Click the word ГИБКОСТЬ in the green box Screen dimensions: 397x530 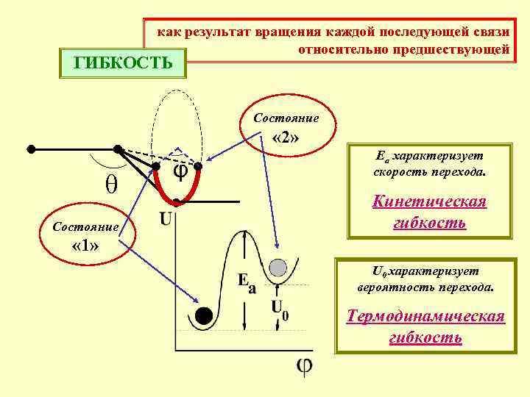[x=124, y=62]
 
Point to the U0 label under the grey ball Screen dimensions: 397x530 [x=280, y=309]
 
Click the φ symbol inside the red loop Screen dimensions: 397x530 [x=180, y=172]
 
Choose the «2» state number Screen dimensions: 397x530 [x=285, y=138]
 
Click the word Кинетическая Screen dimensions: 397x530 [x=430, y=202]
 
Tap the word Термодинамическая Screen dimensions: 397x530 [x=426, y=317]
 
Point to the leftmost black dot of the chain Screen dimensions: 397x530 [x=31, y=149]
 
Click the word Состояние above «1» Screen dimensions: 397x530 [x=85, y=226]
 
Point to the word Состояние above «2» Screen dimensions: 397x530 [x=286, y=118]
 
